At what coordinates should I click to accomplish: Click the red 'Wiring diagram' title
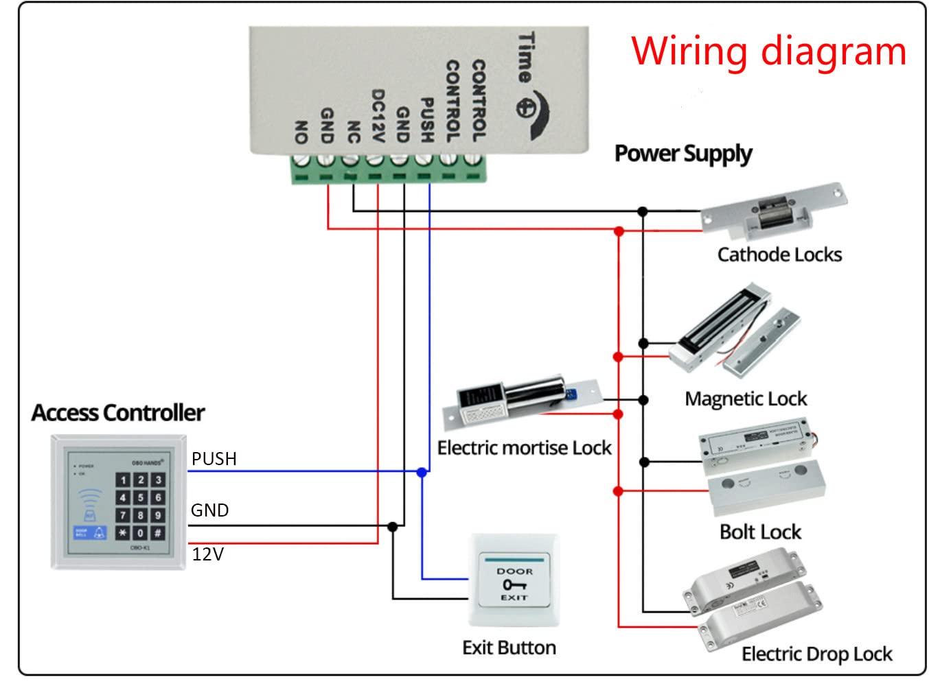click(x=768, y=51)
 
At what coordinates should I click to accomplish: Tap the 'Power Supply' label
click(x=683, y=154)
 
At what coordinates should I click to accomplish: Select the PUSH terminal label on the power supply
click(x=427, y=121)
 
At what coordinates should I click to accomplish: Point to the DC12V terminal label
click(x=377, y=115)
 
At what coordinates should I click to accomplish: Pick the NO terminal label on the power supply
click(x=301, y=132)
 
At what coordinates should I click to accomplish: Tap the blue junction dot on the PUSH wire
click(x=422, y=472)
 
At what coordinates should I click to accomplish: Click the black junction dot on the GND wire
click(x=393, y=527)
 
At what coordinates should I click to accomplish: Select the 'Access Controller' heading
click(x=118, y=413)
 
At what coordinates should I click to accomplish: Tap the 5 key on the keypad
click(x=140, y=497)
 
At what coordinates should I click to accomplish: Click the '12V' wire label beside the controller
click(x=207, y=554)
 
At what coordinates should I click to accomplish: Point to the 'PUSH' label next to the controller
click(x=214, y=459)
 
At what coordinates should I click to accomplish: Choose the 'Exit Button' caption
click(x=509, y=648)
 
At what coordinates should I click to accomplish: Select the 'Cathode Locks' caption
click(x=779, y=255)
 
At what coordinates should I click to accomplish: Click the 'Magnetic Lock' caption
click(x=746, y=399)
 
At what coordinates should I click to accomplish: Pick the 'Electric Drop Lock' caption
click(x=816, y=654)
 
